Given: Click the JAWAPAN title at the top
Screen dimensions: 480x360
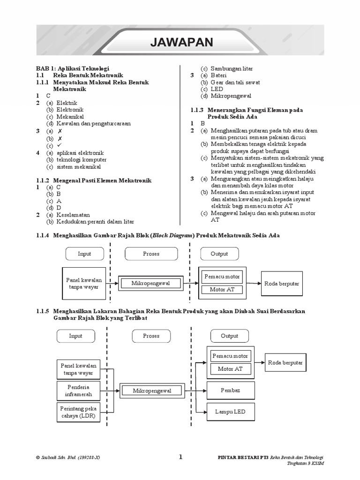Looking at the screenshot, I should pyautogui.click(x=181, y=43).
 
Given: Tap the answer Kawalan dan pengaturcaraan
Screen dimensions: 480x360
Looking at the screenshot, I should pyautogui.click(x=93, y=124).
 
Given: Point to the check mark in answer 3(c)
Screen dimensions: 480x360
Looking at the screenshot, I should pyautogui.click(x=60, y=145).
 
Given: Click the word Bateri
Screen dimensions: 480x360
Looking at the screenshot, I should pyautogui.click(x=218, y=75).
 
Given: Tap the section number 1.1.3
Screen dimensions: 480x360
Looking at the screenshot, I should pyautogui.click(x=199, y=110).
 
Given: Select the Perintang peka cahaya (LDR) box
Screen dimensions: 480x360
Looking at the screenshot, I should pyautogui.click(x=79, y=412).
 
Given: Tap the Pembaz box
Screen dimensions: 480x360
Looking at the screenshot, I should pyautogui.click(x=230, y=390).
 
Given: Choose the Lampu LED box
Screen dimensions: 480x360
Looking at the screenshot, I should pyautogui.click(x=230, y=412).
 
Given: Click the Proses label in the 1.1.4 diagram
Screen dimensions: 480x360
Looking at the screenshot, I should pyautogui.click(x=151, y=254).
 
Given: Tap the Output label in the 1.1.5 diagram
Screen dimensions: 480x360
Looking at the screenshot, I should pyautogui.click(x=230, y=336).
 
